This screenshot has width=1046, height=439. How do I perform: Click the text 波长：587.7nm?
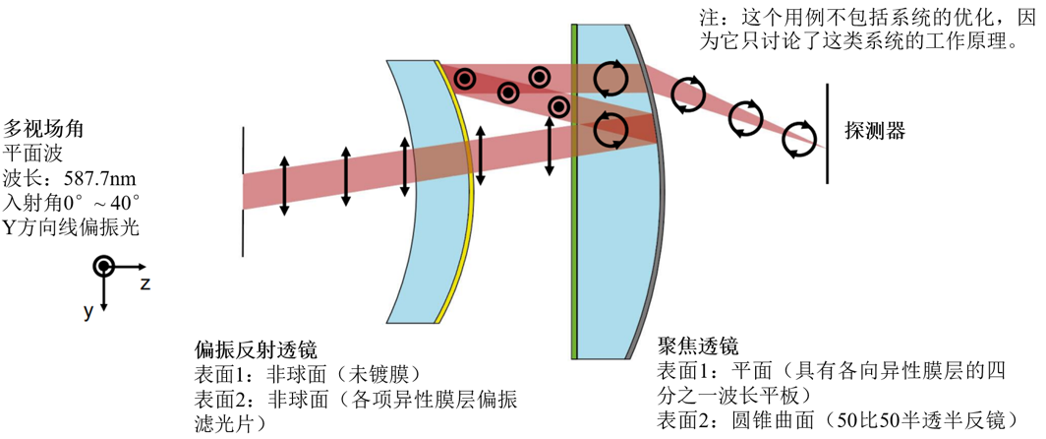pyautogui.click(x=70, y=179)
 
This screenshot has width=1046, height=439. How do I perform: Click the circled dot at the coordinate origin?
pyautogui.click(x=103, y=267)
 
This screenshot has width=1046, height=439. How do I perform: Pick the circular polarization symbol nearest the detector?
pyautogui.click(x=798, y=138)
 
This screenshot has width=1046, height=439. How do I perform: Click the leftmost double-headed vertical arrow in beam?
pyautogui.click(x=285, y=184)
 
